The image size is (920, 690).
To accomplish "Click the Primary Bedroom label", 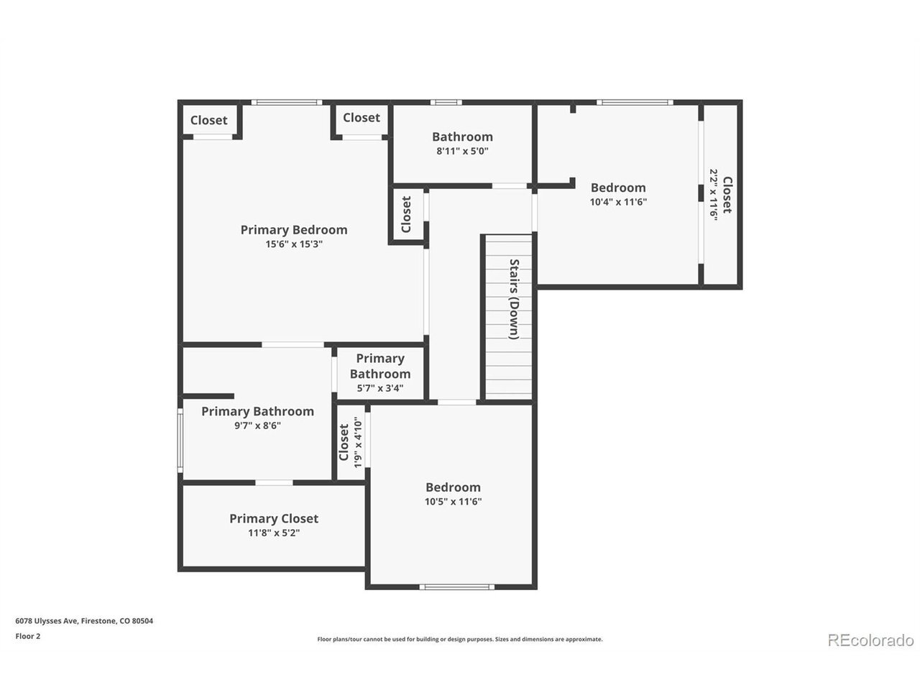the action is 293,229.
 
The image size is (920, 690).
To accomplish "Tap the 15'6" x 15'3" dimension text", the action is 293,244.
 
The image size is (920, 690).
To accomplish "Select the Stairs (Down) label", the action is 514,299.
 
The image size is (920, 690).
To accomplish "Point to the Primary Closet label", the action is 274,518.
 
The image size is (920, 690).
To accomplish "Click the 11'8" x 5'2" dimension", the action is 274,533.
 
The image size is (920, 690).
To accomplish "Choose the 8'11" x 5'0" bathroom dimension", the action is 462,151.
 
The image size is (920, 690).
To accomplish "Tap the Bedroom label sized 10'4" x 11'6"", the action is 618,188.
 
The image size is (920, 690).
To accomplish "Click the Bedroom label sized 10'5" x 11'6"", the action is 453,487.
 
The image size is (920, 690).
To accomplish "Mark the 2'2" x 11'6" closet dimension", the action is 714,194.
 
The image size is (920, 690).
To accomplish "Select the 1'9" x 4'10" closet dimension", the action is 357,442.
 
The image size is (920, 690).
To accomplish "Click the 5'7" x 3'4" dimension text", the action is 379,388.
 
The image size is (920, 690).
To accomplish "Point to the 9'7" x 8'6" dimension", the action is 257,425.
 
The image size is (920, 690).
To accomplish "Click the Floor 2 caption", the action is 27,636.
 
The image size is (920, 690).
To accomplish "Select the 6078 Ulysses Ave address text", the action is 84,621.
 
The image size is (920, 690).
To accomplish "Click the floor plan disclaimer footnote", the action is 460,639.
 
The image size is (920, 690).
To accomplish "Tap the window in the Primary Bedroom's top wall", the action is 287,102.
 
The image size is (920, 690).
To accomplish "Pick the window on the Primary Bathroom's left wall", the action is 180,441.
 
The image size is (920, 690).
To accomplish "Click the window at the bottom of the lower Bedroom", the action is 457,587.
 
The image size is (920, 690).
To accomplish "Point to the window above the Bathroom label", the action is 446,102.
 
